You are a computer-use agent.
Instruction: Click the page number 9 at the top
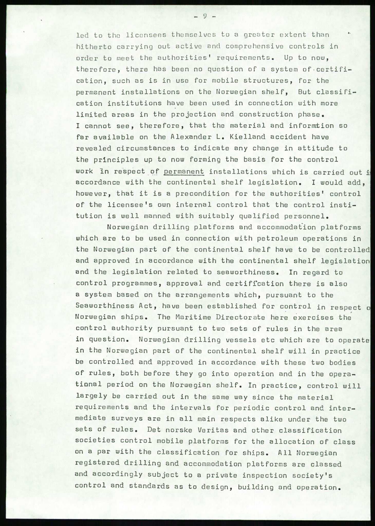coord(205,16)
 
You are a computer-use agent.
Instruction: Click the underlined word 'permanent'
coord(184,172)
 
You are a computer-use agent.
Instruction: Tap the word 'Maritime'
coord(190,317)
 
